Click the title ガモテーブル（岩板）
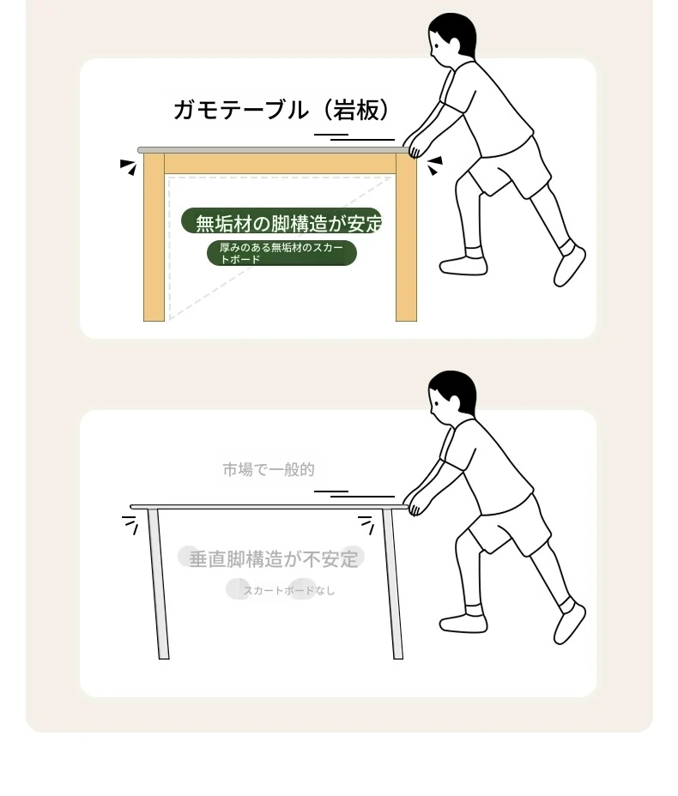point(281,110)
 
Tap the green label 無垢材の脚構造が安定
point(281,222)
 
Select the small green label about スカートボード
point(281,253)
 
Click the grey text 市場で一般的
point(269,469)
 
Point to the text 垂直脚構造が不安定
point(273,558)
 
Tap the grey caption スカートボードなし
point(288,590)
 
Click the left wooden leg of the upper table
point(154,237)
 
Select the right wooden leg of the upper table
point(406,237)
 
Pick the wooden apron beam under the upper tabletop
point(280,164)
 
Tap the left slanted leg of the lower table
point(158,584)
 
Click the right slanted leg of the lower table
point(392,584)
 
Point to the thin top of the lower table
point(269,507)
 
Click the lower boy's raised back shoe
point(569,623)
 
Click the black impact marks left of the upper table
point(129,166)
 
